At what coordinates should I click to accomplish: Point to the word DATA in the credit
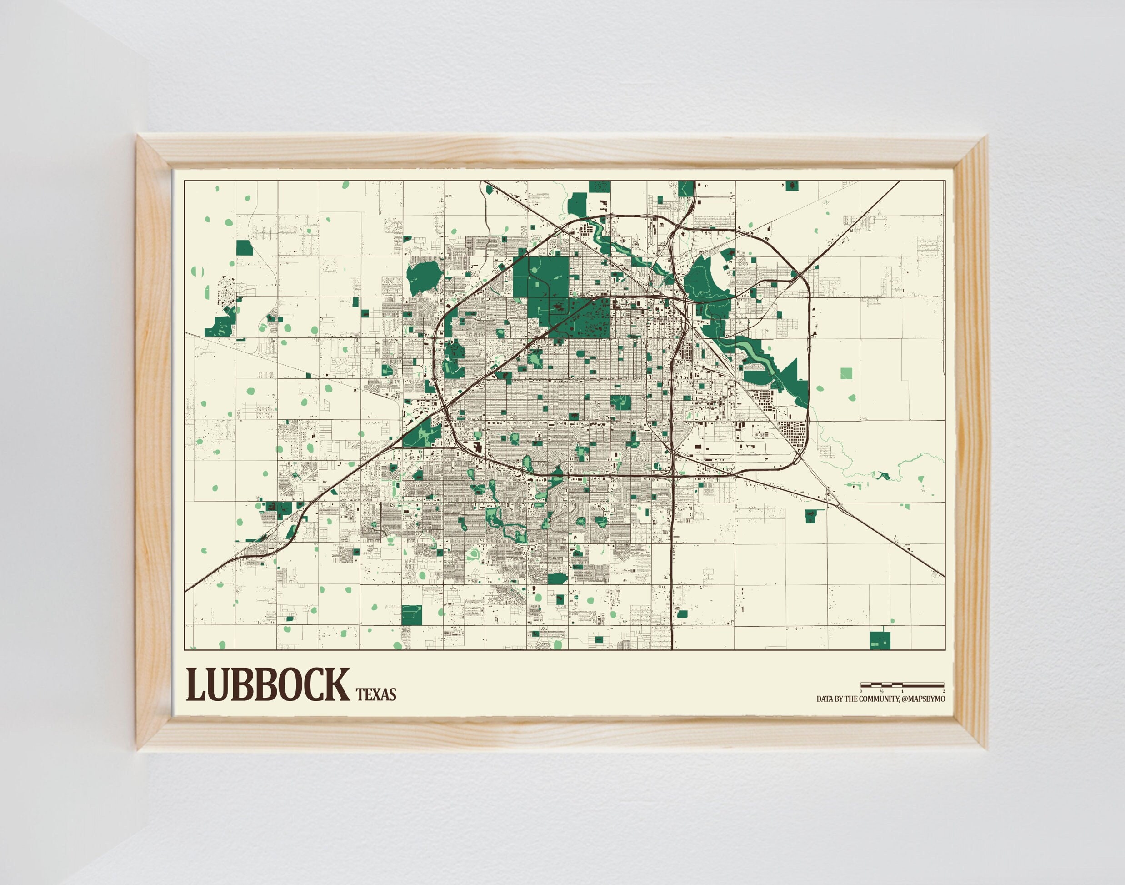pos(825,699)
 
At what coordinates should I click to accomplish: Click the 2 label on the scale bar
pos(944,691)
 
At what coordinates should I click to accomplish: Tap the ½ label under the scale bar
pos(881,691)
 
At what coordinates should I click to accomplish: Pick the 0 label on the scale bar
pos(861,691)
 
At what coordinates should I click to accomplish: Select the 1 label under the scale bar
pos(902,691)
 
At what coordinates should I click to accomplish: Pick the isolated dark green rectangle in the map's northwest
pos(244,248)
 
